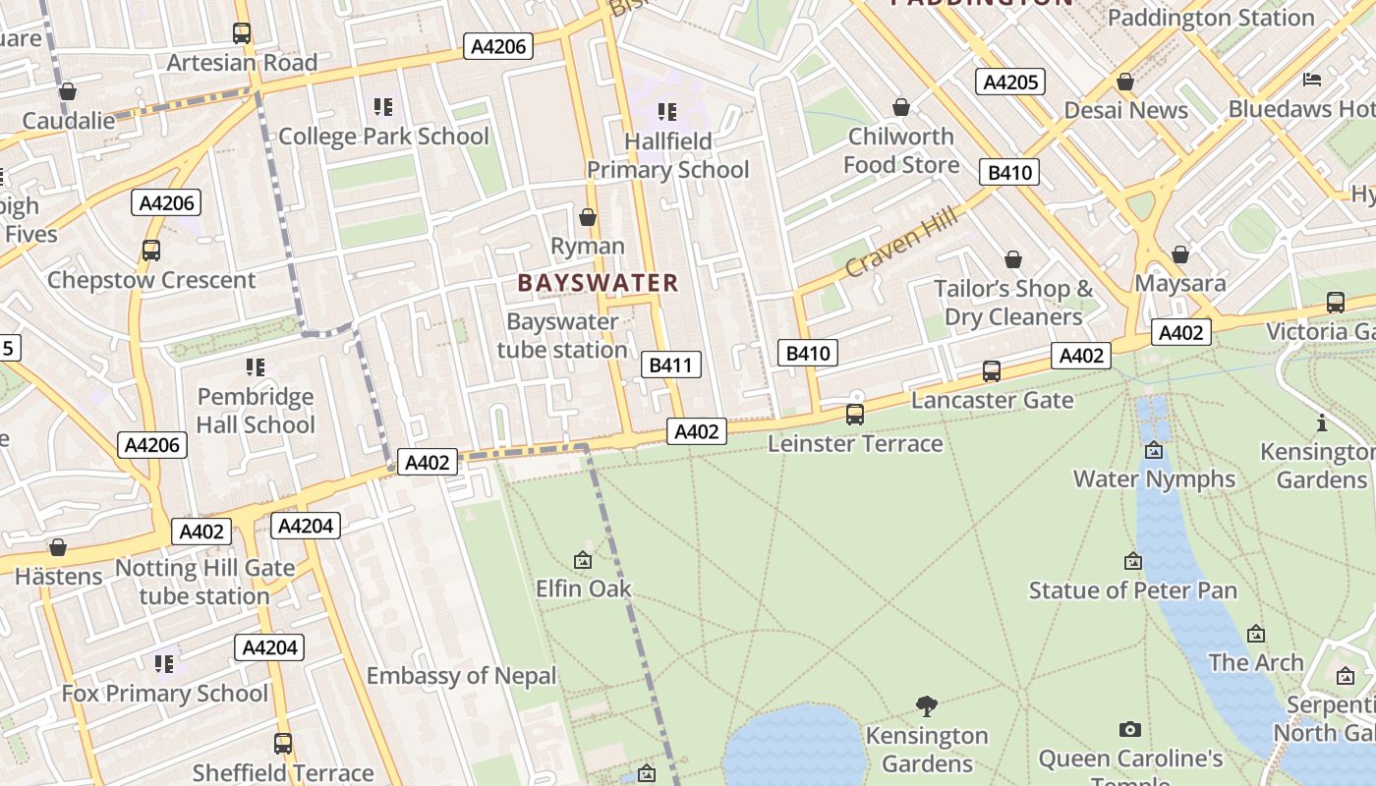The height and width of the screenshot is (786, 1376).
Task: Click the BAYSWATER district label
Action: tap(598, 283)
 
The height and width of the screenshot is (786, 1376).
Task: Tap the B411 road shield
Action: tap(671, 365)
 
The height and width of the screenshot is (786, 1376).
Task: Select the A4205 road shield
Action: tap(1010, 82)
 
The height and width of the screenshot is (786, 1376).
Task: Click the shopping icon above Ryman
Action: tap(588, 217)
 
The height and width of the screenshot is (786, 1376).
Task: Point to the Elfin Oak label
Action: tap(583, 589)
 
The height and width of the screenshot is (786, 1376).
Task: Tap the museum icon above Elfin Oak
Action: tap(583, 561)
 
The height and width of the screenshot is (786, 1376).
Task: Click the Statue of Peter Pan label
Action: tap(1132, 590)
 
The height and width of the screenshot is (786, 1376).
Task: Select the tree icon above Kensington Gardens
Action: tap(926, 705)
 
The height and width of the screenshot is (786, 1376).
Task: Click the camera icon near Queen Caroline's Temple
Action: tap(1130, 729)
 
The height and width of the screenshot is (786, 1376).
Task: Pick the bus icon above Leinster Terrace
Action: tap(855, 415)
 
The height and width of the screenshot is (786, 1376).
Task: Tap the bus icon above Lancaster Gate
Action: tap(992, 371)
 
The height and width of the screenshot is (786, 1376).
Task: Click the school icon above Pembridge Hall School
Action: tap(256, 367)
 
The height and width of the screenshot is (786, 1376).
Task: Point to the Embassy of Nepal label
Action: tap(461, 676)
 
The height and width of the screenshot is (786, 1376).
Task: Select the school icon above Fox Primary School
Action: tap(164, 664)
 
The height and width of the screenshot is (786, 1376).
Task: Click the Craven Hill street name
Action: tap(900, 242)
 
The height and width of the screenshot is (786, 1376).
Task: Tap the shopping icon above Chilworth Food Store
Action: tap(900, 107)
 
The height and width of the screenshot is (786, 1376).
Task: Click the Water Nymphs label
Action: tap(1154, 479)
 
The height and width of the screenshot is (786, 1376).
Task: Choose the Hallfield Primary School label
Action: tap(667, 155)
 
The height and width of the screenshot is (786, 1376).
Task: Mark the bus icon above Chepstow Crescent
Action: tap(150, 251)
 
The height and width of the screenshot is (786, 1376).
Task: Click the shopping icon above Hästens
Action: tap(58, 547)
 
